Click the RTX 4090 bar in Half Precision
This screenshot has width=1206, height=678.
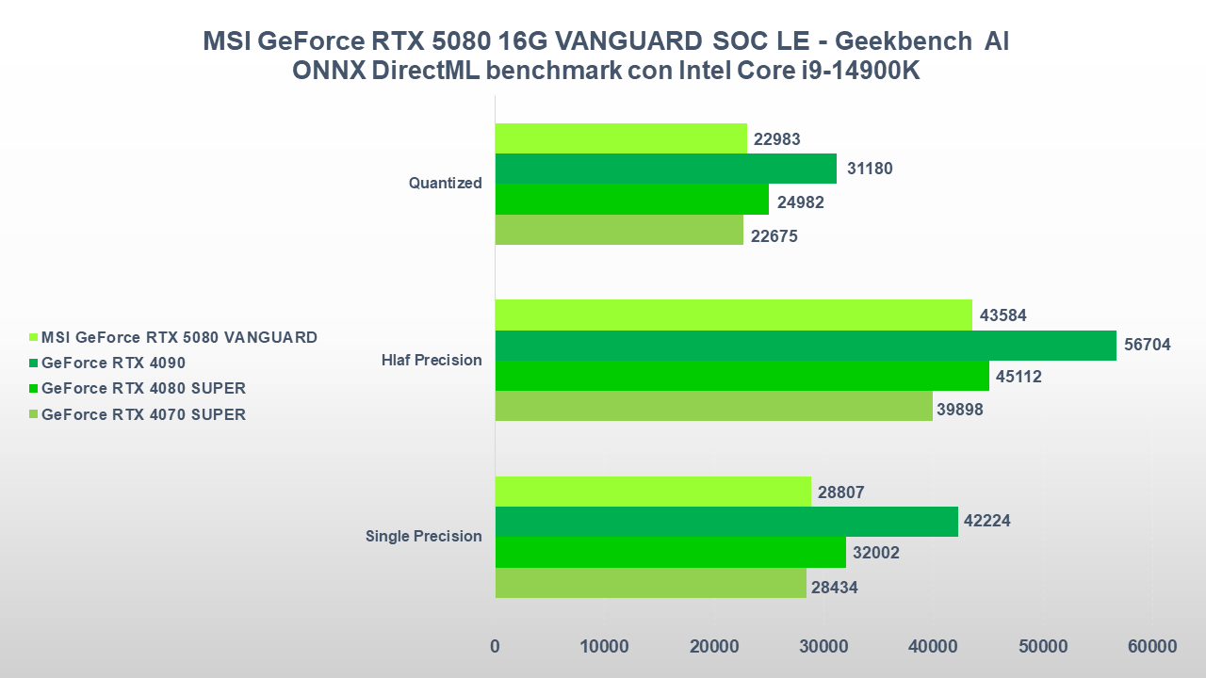[806, 346]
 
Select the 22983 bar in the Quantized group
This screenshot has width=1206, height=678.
[621, 138]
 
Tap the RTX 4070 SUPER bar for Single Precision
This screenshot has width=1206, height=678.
[651, 583]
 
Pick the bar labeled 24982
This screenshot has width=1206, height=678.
[632, 200]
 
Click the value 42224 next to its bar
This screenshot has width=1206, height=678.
[986, 522]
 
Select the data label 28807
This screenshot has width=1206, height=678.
[841, 492]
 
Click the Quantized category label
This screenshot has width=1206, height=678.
[446, 184]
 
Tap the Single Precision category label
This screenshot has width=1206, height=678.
[424, 537]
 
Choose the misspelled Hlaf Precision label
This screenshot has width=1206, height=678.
[432, 360]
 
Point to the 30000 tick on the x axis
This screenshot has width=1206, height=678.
[823, 647]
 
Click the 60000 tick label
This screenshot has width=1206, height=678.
[1152, 647]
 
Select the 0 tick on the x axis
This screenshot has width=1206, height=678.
[496, 647]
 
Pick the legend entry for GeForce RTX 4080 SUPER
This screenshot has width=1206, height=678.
[143, 388]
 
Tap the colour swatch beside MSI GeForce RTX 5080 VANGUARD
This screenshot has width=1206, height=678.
[34, 337]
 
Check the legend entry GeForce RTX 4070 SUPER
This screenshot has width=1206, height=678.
[143, 414]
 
